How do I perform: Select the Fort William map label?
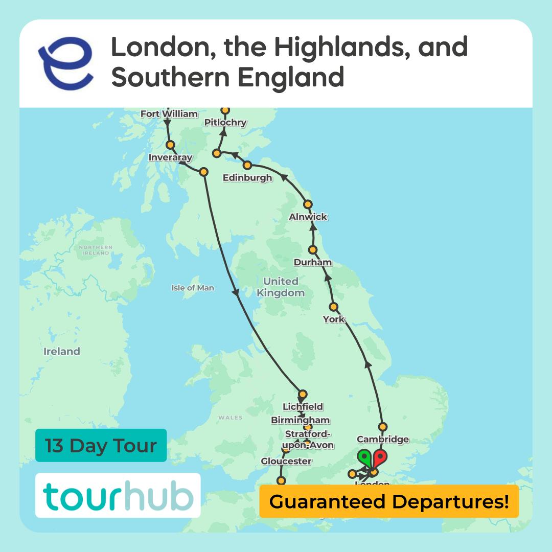[169, 114]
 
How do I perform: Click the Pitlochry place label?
[225, 123]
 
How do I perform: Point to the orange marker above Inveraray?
[170, 145]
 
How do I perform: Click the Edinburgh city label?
[247, 178]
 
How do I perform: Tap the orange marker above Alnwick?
[308, 204]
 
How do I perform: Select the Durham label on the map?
[313, 262]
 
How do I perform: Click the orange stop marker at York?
[334, 307]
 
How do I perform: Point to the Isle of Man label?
[193, 288]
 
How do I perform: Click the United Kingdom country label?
[281, 287]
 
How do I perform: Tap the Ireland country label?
[62, 352]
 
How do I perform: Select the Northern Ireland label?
[95, 250]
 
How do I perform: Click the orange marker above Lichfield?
[303, 394]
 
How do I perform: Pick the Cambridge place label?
[383, 439]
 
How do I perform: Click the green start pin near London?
[364, 456]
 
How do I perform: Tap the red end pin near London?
[380, 456]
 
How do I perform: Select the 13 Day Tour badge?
[101, 445]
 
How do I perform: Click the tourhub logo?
[118, 496]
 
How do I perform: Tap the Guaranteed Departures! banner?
[389, 501]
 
